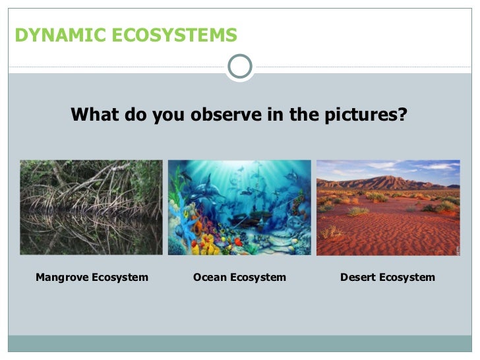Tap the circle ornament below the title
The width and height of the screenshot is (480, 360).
coord(240,66)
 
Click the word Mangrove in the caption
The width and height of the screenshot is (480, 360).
coord(63,277)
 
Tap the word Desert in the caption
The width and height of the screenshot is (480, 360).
coord(358,277)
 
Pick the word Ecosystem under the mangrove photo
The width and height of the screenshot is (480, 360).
coord(121,277)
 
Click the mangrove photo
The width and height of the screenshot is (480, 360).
coord(91,207)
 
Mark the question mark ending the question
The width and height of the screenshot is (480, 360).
coord(402,115)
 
